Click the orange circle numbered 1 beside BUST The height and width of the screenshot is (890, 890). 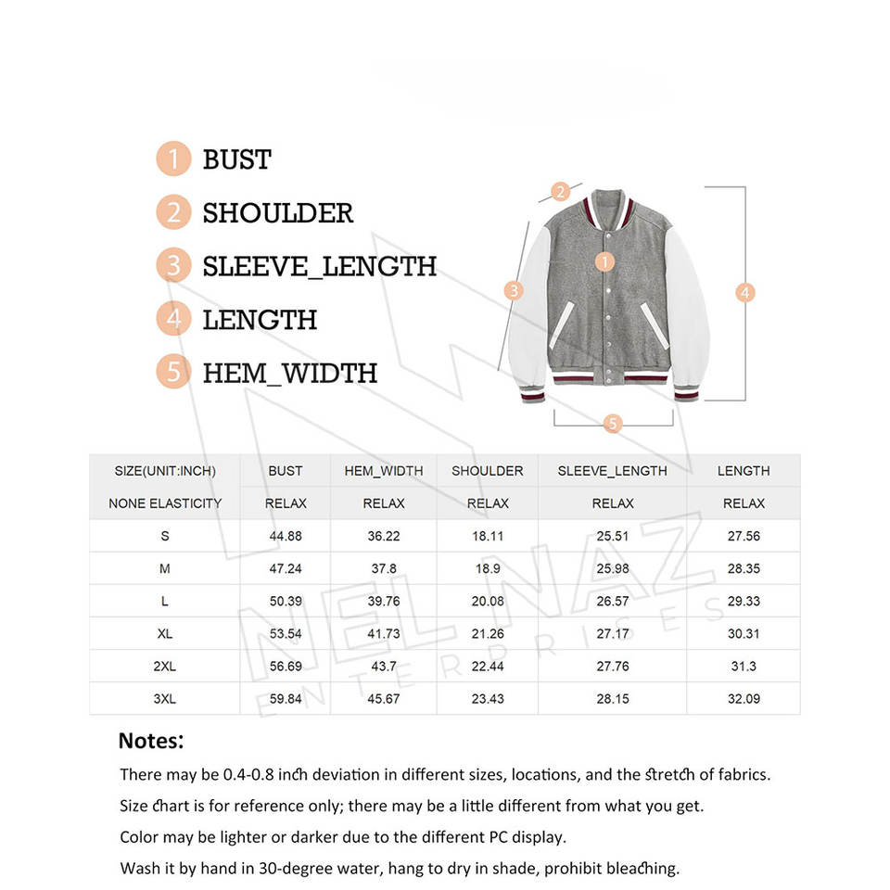[173, 159]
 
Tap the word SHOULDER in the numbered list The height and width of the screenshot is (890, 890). [278, 212]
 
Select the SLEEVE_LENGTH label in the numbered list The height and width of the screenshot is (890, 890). [319, 266]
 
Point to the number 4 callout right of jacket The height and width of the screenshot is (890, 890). [744, 292]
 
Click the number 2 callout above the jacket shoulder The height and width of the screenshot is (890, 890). [560, 193]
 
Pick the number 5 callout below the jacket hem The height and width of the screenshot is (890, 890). [612, 424]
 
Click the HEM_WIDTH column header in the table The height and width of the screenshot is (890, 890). [383, 471]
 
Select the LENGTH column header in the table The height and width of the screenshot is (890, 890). [744, 471]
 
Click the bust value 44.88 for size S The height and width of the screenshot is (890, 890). [285, 536]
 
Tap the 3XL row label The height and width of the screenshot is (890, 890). [164, 698]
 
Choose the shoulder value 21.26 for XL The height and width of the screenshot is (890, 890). [488, 633]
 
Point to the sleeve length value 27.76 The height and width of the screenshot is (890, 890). [612, 666]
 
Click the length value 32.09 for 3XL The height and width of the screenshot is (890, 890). [744, 698]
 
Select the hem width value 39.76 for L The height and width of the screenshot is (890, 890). [383, 601]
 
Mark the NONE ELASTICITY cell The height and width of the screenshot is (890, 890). [165, 503]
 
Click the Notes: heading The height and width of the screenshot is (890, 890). [151, 741]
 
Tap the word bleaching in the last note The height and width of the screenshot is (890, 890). [641, 869]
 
